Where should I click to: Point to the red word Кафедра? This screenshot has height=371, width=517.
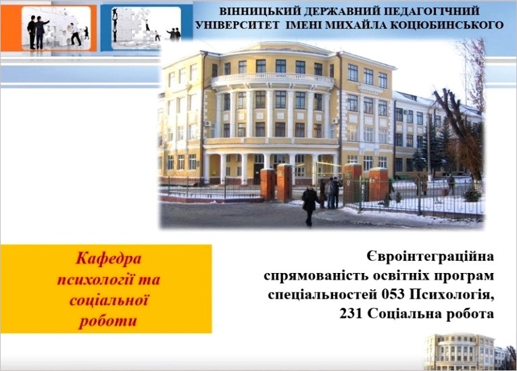coord(109,258)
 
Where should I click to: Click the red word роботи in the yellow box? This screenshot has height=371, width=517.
coord(108,321)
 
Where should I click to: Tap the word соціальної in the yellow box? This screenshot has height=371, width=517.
coord(109,300)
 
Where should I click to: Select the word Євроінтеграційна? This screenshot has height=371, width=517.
coord(430,257)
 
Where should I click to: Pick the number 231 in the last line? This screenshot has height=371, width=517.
coord(351,314)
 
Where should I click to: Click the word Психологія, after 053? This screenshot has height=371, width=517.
coord(452,295)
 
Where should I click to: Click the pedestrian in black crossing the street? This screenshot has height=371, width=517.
coord(310,205)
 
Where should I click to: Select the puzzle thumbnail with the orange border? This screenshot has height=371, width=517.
coord(49,28)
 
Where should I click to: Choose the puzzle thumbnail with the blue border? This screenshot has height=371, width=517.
coord(147,28)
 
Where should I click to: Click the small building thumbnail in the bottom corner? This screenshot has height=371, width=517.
coord(469,351)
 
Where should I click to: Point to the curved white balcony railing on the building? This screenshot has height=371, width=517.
coord(272,80)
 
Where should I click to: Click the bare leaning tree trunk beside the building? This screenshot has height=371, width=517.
coord(459,132)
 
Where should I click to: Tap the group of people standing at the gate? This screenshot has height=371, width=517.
coord(330,193)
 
